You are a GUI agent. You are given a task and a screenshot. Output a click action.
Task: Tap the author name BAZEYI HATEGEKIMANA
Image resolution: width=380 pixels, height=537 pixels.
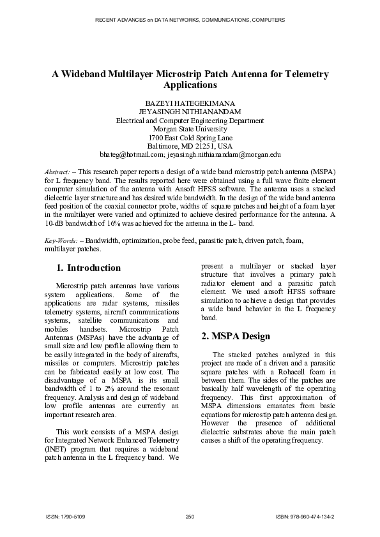pyautogui.click(x=190, y=103)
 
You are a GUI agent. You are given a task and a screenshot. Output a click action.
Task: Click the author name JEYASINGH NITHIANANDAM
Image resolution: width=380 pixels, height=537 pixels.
pyautogui.click(x=190, y=112)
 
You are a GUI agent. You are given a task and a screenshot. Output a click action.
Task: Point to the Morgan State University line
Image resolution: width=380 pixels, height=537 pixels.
pyautogui.click(x=190, y=129)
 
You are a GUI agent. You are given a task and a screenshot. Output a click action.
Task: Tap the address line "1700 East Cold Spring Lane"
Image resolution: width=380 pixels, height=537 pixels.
pyautogui.click(x=190, y=137)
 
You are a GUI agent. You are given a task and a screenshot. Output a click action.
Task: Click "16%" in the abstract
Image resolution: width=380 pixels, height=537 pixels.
pyautogui.click(x=102, y=224)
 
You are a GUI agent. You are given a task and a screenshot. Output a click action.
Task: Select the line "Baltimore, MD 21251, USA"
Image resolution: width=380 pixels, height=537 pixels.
pyautogui.click(x=190, y=146)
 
